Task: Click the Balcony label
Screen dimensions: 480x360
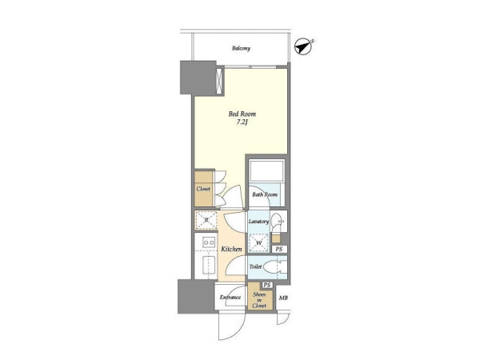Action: tap(241, 48)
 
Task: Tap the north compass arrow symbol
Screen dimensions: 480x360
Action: tap(303, 47)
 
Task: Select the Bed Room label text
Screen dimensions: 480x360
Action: tap(242, 114)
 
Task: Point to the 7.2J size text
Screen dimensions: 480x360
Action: tap(242, 122)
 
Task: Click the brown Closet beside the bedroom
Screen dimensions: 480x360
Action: tap(204, 189)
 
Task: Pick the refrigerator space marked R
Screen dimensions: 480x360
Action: tap(206, 220)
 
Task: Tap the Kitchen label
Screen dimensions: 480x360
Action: tap(231, 249)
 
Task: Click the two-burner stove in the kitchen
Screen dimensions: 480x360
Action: tap(209, 242)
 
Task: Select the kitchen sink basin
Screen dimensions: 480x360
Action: tap(209, 266)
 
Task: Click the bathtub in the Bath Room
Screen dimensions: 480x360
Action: tap(267, 170)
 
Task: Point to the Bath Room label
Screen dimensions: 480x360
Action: tap(265, 194)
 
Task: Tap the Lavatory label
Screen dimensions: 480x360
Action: tap(258, 221)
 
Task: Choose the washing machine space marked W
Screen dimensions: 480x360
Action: tap(259, 242)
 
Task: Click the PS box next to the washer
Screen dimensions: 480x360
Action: tap(279, 249)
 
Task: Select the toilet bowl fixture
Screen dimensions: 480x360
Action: tap(274, 267)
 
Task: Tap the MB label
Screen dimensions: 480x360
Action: tap(283, 298)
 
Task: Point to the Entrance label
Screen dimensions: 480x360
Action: tap(230, 297)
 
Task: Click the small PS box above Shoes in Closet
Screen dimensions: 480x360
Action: tap(267, 285)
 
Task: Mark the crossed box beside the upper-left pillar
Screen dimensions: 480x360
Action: tap(220, 81)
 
